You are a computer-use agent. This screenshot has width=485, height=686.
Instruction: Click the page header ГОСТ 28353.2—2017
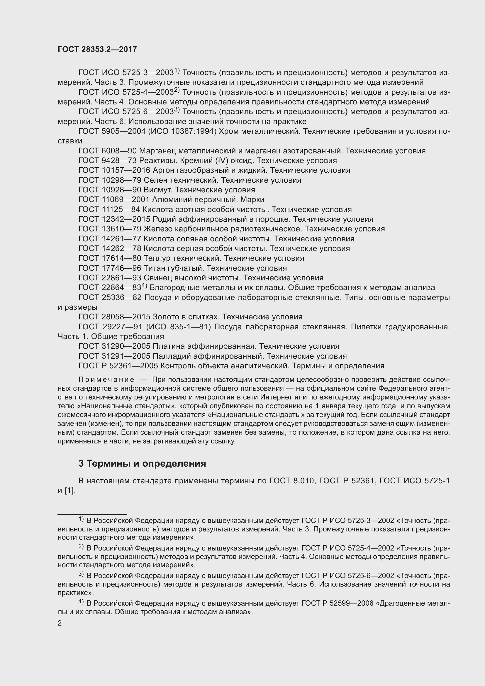(x=97, y=50)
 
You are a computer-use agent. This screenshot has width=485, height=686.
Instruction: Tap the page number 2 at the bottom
(x=60, y=623)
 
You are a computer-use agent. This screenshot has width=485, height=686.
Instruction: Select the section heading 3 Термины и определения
(x=142, y=463)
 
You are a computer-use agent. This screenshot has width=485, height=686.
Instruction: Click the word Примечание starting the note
(x=106, y=380)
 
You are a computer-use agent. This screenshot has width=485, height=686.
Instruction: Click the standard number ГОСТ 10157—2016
(x=114, y=170)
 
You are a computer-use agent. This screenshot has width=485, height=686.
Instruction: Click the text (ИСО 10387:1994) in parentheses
(x=182, y=131)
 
